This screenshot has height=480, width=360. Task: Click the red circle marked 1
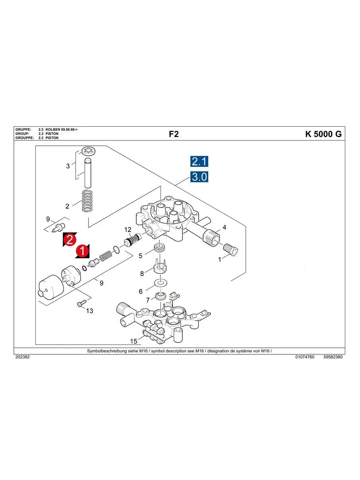pyautogui.click(x=82, y=251)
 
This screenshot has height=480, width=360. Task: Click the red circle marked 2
pyautogui.click(x=69, y=240)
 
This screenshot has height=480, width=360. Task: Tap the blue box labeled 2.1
pyautogui.click(x=199, y=161)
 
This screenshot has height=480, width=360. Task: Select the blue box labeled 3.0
pyautogui.click(x=199, y=177)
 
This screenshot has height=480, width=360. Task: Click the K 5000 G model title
pyautogui.click(x=323, y=134)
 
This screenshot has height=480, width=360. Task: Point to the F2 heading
pyautogui.click(x=174, y=134)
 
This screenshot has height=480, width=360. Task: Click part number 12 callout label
pyautogui.click(x=128, y=230)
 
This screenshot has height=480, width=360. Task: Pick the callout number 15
pyautogui.click(x=134, y=341)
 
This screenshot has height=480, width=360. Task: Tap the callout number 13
pyautogui.click(x=90, y=311)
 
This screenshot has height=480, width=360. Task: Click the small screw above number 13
pyautogui.click(x=79, y=304)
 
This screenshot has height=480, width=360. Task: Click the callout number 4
pyautogui.click(x=225, y=227)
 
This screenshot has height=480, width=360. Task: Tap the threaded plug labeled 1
pyautogui.click(x=231, y=250)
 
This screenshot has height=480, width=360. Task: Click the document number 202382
pyautogui.click(x=22, y=357)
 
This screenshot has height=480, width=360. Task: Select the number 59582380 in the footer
pyautogui.click(x=333, y=357)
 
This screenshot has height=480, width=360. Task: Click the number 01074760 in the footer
pyautogui.click(x=305, y=357)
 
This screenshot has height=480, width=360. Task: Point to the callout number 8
pyautogui.click(x=142, y=273)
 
